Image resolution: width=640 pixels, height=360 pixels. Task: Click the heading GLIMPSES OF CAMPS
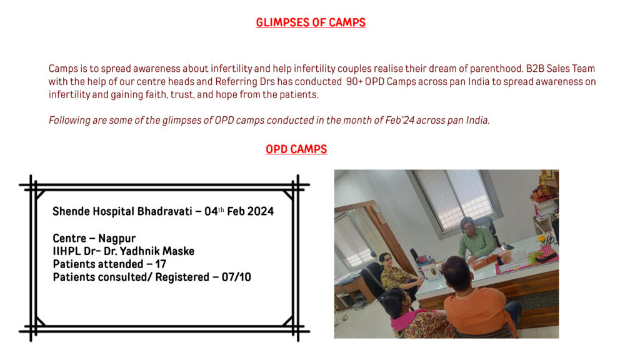tap(311, 22)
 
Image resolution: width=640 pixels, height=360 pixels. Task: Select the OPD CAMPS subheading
tap(296, 149)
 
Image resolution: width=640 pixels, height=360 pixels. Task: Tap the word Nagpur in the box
tap(117, 239)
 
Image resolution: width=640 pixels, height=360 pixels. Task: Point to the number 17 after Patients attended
tap(161, 264)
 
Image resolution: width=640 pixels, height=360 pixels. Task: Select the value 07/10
tap(236, 277)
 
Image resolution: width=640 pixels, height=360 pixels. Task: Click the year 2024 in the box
tap(261, 211)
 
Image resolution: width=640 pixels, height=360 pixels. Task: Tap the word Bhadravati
tap(164, 211)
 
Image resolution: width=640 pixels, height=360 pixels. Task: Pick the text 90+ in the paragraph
tap(354, 82)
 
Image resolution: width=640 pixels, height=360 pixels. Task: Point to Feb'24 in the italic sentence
tap(396, 121)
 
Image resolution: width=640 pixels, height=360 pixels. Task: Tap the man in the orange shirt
tap(477, 300)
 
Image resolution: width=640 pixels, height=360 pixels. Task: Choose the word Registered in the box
tap(182, 277)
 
